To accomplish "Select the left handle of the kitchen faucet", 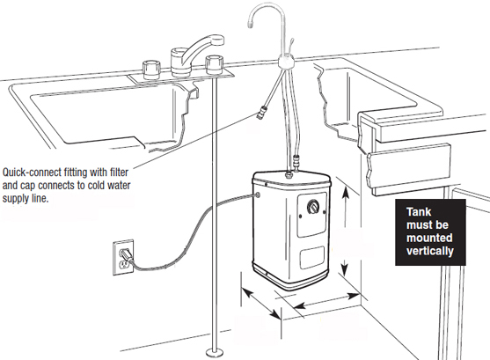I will pos(149,67).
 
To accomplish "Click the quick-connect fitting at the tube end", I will pos(260,113).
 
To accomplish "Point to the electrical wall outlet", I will pos(124,256).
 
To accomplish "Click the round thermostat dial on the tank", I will pos(312,208).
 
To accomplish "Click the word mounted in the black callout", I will pos(427,238).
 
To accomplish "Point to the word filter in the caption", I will pos(128,173).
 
